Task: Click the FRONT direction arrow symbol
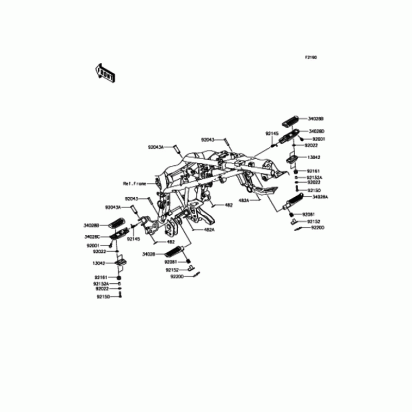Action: click(x=105, y=73)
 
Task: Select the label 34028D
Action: click(x=316, y=132)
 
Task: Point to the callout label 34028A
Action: click(x=318, y=197)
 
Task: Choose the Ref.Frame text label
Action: click(x=134, y=183)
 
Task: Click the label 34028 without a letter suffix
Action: click(x=149, y=254)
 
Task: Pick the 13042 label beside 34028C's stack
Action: click(x=99, y=262)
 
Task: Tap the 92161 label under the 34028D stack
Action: click(x=314, y=170)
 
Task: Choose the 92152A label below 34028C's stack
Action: click(x=101, y=284)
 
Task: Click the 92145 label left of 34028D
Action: click(x=272, y=133)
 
